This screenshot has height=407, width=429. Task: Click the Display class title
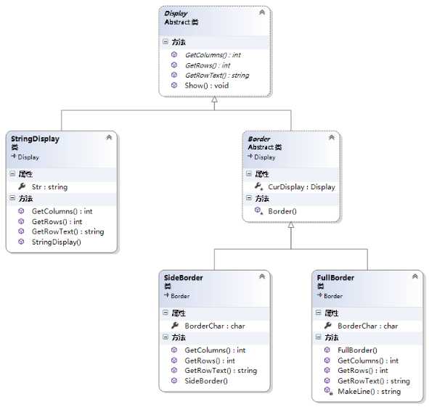pos(176,13)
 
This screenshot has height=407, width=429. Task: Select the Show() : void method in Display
pos(207,86)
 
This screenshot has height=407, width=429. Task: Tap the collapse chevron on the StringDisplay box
pos(109,137)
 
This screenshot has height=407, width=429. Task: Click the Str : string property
pos(49,187)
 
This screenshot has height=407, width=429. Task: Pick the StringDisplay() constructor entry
pos(57,242)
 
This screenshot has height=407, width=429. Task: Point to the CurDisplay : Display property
pos(301,187)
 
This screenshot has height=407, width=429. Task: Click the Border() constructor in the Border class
pos(282,211)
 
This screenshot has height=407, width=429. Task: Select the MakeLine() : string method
pos(369,392)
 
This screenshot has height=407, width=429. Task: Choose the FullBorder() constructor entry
pos(357,350)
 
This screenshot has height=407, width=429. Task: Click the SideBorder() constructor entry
pos(206,381)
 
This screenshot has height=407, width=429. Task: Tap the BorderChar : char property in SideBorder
pos(215,326)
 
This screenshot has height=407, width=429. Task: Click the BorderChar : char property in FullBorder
pos(368,326)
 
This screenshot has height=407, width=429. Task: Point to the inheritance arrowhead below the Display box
pos(215,99)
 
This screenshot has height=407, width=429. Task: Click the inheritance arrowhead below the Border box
pos(291,225)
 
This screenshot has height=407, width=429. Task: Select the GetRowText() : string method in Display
pos(217,75)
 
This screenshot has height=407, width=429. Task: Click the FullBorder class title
pos(335,278)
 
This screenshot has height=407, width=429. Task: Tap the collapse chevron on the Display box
pos(262,12)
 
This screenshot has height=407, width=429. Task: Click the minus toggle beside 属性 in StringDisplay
pos(12,173)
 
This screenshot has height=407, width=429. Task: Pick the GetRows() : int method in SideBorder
pos(210,361)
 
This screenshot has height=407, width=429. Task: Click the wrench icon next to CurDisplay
pos(258,186)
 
